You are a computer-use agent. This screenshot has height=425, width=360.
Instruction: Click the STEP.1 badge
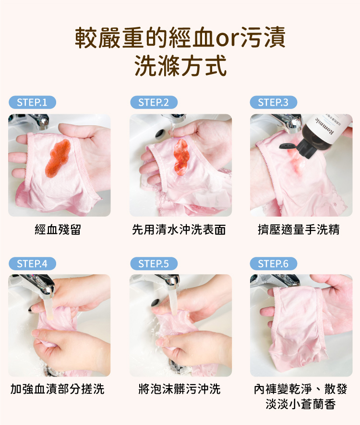click(32, 102)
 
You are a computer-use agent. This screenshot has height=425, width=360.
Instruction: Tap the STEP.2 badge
click(154, 102)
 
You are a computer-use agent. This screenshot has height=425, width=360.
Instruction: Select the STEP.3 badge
click(273, 102)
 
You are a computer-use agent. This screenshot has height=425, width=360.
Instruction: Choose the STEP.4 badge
click(32, 264)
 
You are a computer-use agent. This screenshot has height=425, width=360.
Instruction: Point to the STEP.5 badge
click(154, 264)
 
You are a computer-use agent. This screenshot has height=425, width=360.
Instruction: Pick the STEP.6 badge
click(273, 264)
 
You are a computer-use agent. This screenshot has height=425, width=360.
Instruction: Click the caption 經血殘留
click(58, 230)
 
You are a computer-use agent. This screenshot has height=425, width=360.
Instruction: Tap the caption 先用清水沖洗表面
click(179, 230)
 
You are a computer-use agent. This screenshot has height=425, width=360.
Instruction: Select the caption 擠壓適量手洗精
click(299, 230)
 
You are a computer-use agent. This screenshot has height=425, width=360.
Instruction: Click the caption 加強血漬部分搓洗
click(58, 389)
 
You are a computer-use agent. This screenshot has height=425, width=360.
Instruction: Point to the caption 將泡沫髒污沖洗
click(180, 389)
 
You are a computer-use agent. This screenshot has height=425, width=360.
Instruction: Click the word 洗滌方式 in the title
click(180, 66)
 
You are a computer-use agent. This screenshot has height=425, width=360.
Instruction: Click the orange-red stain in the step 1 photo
click(58, 158)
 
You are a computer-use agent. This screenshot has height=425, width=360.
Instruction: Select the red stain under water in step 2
click(181, 157)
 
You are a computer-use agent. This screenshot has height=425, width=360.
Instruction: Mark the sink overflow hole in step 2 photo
click(159, 134)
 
